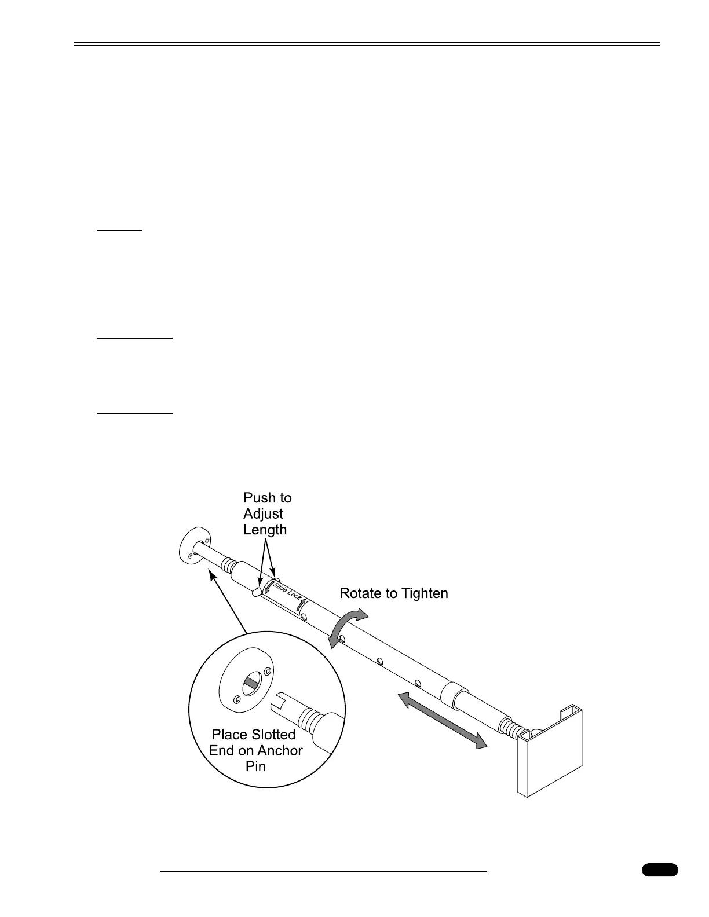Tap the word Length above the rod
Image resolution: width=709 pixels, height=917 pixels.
click(x=265, y=530)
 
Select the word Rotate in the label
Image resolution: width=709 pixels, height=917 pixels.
click(x=360, y=593)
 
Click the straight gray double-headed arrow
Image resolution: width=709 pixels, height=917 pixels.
click(x=442, y=720)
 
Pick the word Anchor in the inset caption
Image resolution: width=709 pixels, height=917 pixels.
click(x=280, y=751)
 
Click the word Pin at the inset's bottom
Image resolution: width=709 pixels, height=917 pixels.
click(x=255, y=766)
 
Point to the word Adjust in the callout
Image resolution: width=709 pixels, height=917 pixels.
click(x=263, y=514)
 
